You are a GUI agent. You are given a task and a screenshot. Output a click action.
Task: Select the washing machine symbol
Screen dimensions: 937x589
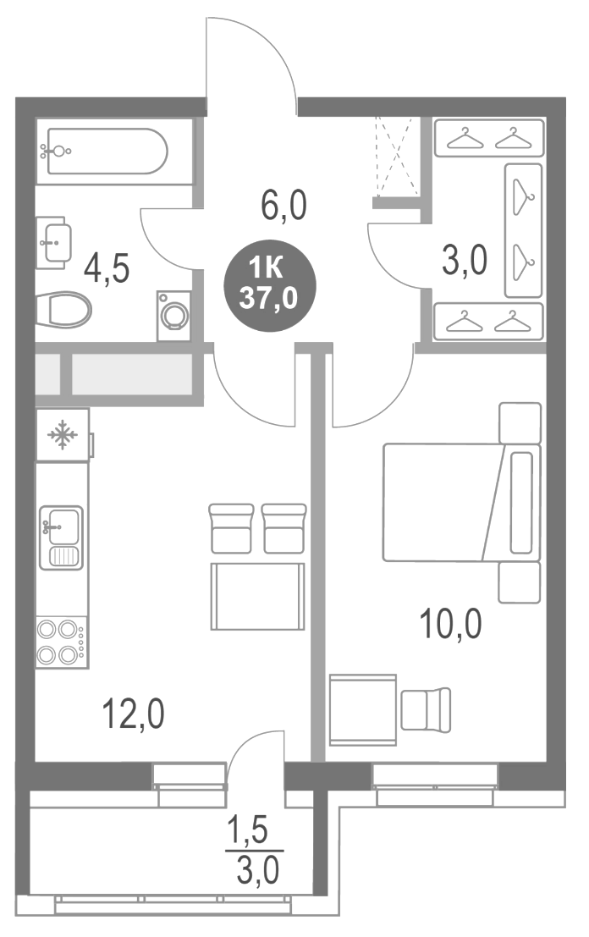pos(175,316)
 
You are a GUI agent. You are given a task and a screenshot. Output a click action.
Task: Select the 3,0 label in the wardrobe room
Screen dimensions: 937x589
pos(465,261)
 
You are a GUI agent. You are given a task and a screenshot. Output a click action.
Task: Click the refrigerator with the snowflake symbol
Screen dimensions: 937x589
pos(62,436)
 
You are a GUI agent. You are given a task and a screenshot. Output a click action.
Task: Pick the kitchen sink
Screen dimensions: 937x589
pos(61,537)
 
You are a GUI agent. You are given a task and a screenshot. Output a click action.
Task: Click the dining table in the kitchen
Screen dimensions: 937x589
pos(258,596)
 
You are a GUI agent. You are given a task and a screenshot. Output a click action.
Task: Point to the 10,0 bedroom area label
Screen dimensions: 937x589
pos(450,627)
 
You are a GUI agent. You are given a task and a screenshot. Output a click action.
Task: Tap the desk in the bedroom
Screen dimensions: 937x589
pos(363,709)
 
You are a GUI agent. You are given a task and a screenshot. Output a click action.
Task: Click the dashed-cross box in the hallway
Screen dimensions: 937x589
pos(396,157)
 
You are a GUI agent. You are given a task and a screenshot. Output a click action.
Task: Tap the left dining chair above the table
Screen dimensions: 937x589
pos(231,528)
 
